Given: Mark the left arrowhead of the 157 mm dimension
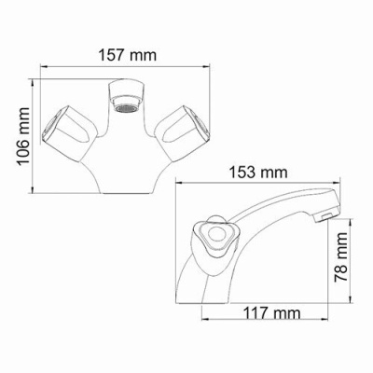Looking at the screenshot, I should [x=43, y=65].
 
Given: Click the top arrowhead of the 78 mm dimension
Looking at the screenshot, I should [x=352, y=222].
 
